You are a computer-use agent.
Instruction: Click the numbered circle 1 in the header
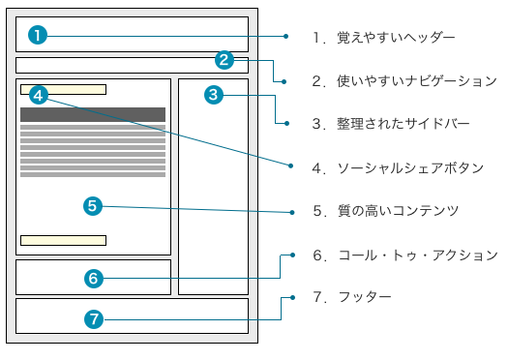point(38,35)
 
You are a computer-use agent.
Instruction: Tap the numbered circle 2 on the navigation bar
point(224,60)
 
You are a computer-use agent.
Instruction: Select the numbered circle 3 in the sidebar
point(214,95)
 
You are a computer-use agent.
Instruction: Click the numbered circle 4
point(39,95)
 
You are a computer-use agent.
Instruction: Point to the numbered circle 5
point(93,206)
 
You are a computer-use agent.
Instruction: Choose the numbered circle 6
point(94,279)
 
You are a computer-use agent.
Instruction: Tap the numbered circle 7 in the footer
point(94,319)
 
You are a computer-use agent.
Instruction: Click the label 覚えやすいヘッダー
point(396,38)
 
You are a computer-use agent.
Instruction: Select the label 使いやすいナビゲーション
point(417,81)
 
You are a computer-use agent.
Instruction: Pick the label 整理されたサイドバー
point(403,124)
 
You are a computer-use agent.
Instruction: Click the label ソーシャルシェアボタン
point(410,168)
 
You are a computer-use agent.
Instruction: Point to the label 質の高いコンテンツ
point(398,211)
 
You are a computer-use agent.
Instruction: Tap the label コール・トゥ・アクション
point(418,255)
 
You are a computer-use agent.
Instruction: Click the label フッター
point(365,297)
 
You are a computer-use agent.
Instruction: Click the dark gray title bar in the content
point(93,115)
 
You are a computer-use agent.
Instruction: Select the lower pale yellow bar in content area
point(63,240)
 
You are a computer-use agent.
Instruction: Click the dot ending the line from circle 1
point(285,37)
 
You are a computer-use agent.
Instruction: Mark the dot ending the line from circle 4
point(291,165)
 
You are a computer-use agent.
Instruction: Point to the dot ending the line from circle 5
point(292,213)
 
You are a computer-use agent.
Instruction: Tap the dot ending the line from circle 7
point(293,297)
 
